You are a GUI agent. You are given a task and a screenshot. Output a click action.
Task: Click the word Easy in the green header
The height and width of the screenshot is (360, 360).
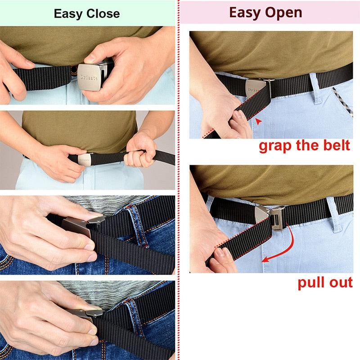click(x=68, y=14)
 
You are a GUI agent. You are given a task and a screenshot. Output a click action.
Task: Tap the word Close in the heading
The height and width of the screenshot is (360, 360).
click(x=103, y=13)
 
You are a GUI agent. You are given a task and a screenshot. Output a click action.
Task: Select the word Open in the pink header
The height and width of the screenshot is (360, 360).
click(x=283, y=13)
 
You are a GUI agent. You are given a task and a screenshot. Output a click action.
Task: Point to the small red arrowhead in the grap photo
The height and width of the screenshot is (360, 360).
click(x=259, y=121)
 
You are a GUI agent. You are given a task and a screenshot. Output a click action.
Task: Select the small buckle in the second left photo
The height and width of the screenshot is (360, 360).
click(x=85, y=160)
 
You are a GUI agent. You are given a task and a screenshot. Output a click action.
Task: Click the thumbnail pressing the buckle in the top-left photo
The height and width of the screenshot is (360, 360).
click(x=89, y=58)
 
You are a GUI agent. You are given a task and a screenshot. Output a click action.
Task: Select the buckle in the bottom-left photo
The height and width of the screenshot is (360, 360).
click(x=86, y=315)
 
